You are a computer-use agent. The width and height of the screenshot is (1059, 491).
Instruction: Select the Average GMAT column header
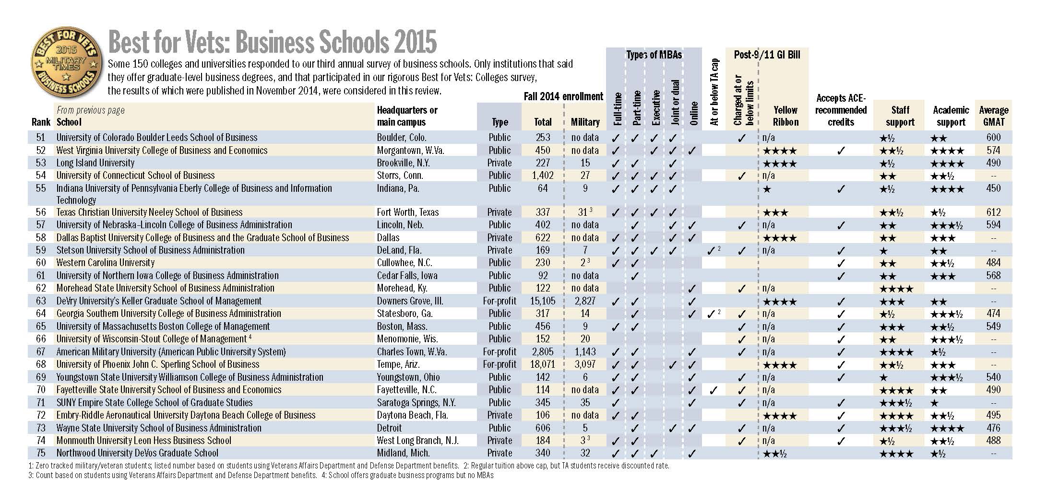click(x=993, y=116)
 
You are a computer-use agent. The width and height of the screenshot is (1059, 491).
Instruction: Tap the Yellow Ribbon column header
click(x=785, y=116)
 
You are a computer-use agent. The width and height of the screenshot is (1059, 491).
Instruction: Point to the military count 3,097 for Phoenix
click(x=585, y=364)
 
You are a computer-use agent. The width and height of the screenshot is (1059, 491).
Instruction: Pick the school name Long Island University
click(x=95, y=163)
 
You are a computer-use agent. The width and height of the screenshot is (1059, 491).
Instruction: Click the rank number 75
click(x=41, y=453)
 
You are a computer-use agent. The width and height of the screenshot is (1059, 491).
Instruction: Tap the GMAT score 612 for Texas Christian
click(x=993, y=212)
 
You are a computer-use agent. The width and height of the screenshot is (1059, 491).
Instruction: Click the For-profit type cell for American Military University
click(x=500, y=352)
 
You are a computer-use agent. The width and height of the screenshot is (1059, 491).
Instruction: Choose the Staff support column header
click(x=900, y=116)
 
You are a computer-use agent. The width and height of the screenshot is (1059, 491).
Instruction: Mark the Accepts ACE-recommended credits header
click(x=841, y=110)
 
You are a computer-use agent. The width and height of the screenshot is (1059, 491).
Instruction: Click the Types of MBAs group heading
click(x=654, y=55)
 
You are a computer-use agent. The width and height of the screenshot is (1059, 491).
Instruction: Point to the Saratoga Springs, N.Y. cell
click(x=416, y=403)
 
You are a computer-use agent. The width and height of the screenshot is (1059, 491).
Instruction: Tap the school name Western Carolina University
click(x=106, y=263)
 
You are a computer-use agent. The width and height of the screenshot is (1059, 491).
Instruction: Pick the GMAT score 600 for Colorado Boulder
click(x=993, y=138)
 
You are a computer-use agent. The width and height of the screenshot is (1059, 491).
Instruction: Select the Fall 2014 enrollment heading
click(x=563, y=96)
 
